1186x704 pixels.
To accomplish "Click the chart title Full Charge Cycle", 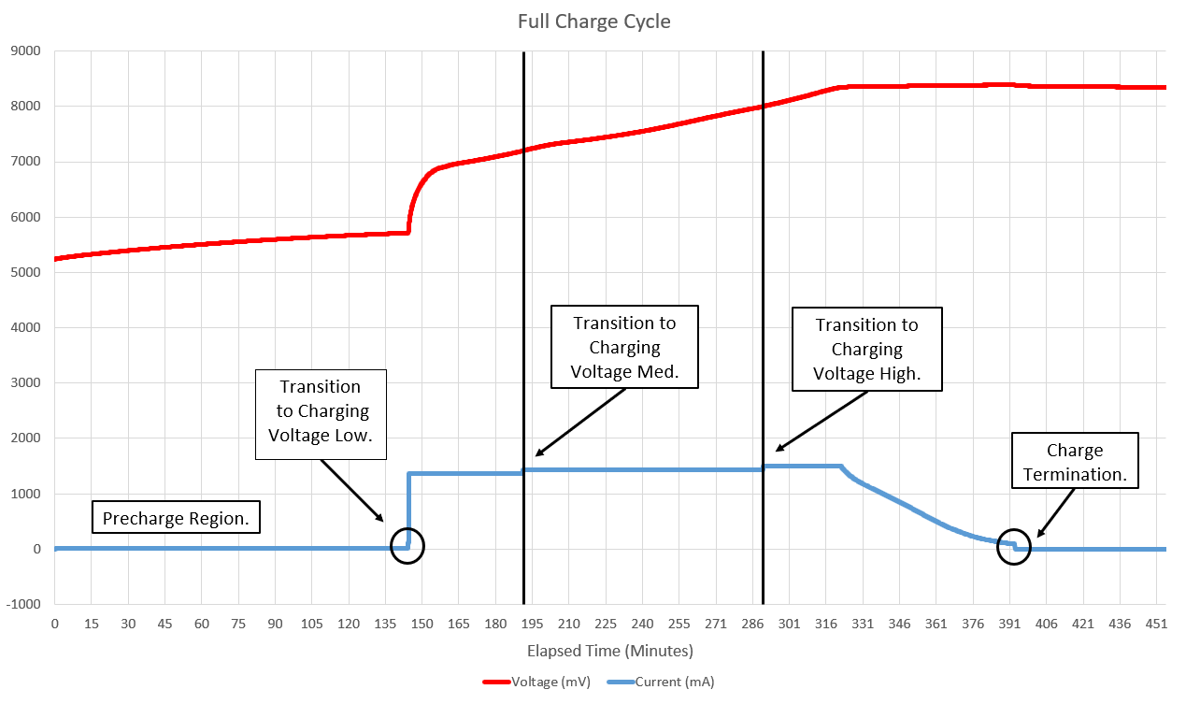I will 593,21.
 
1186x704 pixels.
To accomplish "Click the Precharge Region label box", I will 176,518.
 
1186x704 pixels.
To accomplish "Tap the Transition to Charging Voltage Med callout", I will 624,347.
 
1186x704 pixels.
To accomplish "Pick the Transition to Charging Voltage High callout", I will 866,349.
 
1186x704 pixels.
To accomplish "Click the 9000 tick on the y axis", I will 25,51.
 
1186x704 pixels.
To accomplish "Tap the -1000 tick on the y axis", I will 23,604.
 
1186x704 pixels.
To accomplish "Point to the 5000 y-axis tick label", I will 25,273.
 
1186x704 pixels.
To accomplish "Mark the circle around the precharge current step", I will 407,546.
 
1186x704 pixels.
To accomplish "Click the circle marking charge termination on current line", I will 1014,546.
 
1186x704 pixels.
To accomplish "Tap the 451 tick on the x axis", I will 1156,624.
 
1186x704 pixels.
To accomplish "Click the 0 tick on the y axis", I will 37,549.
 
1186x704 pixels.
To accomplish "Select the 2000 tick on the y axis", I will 25,438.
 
